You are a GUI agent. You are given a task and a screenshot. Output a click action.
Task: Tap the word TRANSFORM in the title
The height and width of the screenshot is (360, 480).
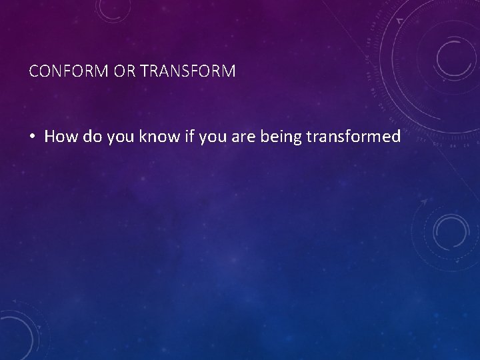coord(188,71)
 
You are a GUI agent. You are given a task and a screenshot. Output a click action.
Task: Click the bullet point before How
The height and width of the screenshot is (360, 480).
coord(33,137)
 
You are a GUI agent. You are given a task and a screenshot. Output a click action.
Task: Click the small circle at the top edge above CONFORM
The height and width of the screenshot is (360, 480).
coord(109,8)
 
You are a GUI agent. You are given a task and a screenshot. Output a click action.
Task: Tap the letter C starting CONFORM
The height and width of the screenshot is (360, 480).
coord(34,71)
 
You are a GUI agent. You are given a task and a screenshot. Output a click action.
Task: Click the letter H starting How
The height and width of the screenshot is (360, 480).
coord(50,137)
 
